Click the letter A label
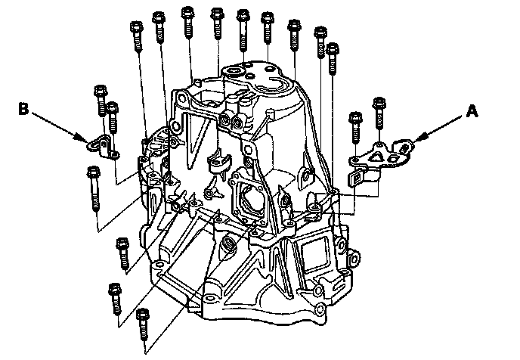pos(472,111)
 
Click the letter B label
pos(23,109)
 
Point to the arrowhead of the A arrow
pos(419,138)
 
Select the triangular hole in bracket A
pos(376,157)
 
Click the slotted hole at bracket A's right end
pos(403,148)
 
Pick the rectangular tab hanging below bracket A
pos(357,178)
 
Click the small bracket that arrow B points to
pos(103,147)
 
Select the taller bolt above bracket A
pos(379,113)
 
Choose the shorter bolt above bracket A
pos(355,127)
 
